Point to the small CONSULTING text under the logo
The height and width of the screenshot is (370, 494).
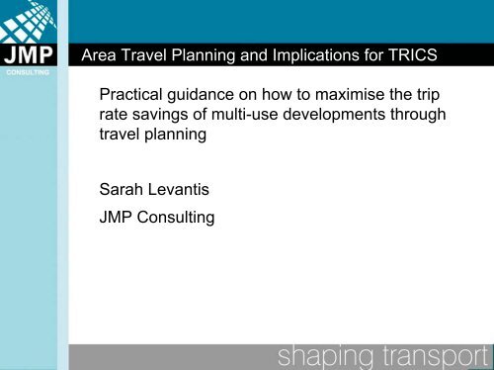tap(35, 72)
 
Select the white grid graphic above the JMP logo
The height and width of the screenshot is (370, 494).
tap(34, 21)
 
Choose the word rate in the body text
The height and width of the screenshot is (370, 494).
tap(116, 121)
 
